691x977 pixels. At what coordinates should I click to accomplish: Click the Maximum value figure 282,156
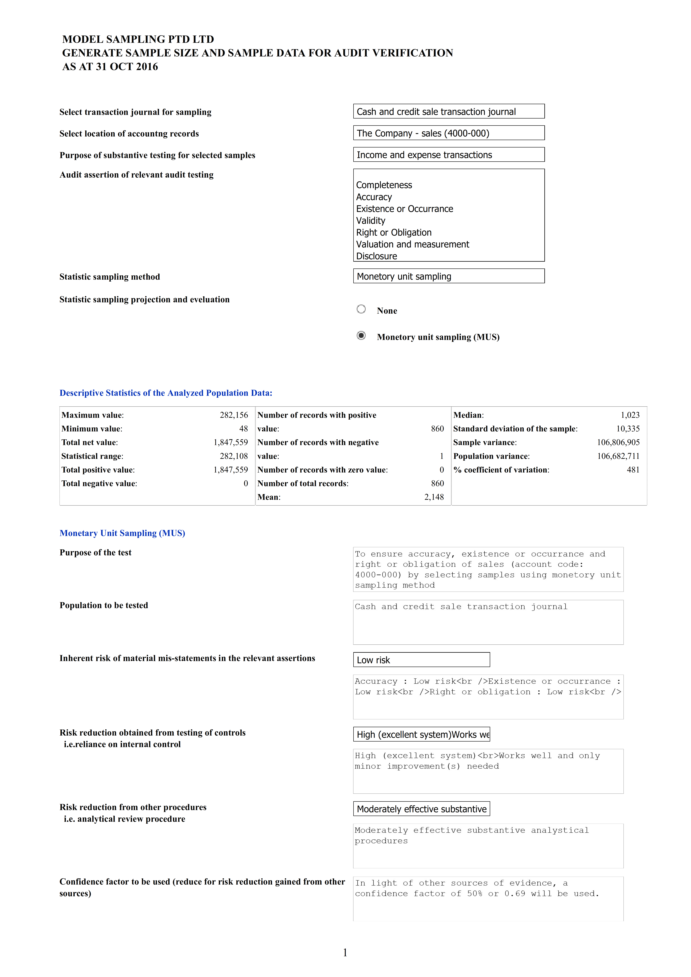(x=234, y=415)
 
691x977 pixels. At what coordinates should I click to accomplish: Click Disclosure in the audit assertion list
(x=376, y=256)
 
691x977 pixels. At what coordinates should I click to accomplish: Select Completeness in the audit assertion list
(x=384, y=185)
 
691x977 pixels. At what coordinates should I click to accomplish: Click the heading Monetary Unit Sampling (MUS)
(x=122, y=533)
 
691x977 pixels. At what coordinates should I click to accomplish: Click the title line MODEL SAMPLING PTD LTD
(x=138, y=39)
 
